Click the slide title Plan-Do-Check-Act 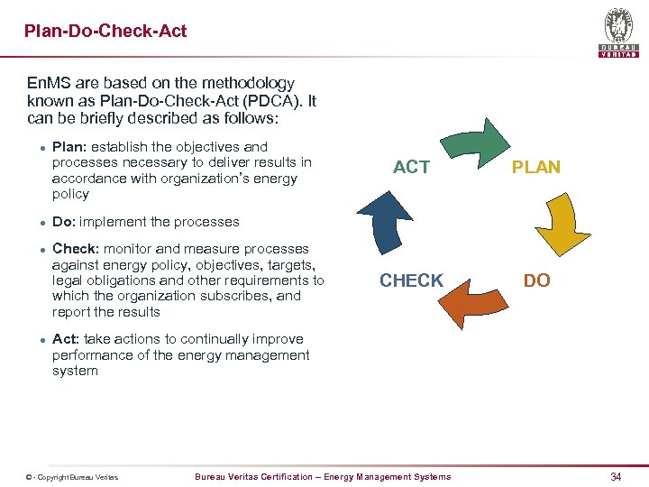pyautogui.click(x=105, y=31)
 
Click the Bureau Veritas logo pyautogui.click(x=618, y=32)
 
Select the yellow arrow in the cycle pyautogui.click(x=562, y=222)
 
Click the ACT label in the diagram pyautogui.click(x=411, y=167)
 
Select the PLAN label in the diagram pyautogui.click(x=536, y=167)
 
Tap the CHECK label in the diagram pyautogui.click(x=411, y=280)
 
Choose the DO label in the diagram pyautogui.click(x=536, y=280)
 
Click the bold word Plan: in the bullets pyautogui.click(x=69, y=146)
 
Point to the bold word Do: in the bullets pyautogui.click(x=65, y=222)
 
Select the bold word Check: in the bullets pyautogui.click(x=76, y=249)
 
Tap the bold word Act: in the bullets pyautogui.click(x=65, y=339)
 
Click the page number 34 pyautogui.click(x=616, y=476)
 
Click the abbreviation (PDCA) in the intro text pyautogui.click(x=269, y=101)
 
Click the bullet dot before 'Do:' pyautogui.click(x=31, y=223)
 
